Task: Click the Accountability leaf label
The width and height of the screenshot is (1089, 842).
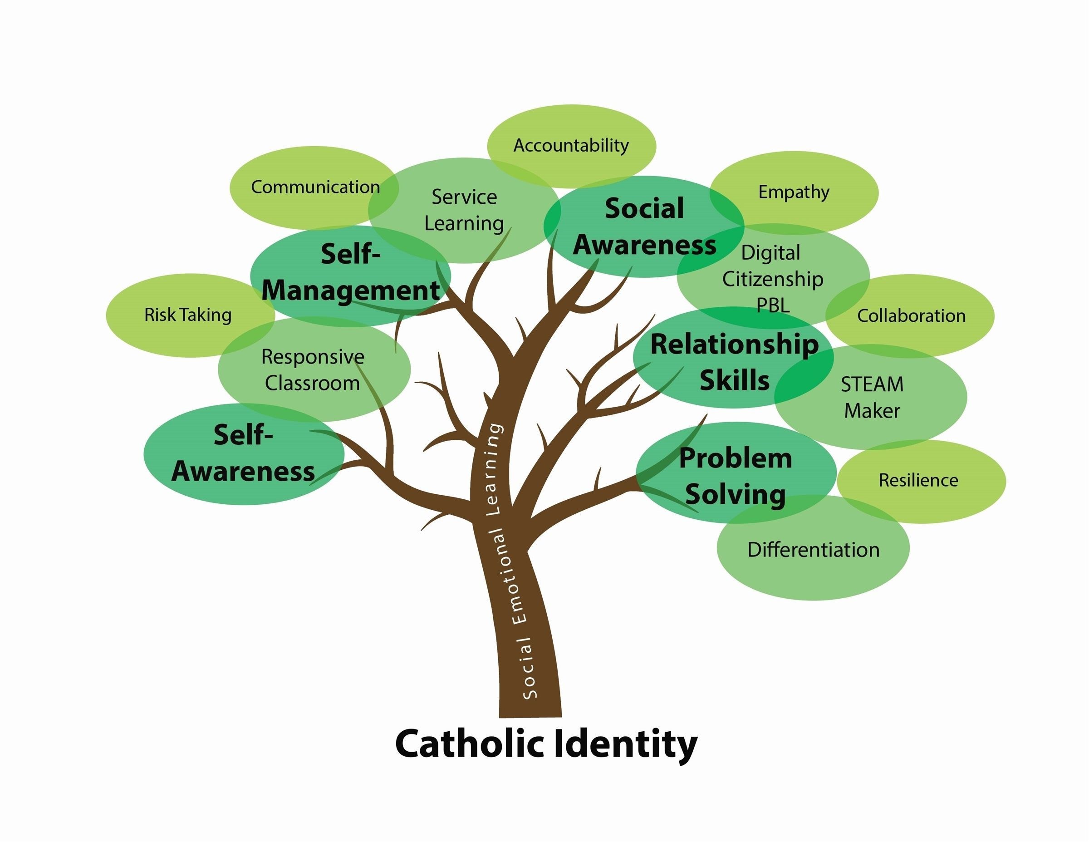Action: click(571, 146)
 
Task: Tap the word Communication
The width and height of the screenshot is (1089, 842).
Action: click(315, 187)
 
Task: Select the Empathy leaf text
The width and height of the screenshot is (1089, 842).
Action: click(794, 192)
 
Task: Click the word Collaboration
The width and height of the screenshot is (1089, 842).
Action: click(911, 316)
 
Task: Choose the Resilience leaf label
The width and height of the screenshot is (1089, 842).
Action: click(918, 480)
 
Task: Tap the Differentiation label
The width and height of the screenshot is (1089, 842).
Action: click(813, 550)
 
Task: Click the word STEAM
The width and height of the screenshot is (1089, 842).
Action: click(872, 384)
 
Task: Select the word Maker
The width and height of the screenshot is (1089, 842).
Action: click(872, 411)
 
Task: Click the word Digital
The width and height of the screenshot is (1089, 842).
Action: click(770, 253)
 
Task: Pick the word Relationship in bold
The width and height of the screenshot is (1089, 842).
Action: click(735, 345)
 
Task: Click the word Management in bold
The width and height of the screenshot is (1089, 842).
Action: click(351, 291)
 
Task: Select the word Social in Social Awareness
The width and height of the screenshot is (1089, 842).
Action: click(644, 208)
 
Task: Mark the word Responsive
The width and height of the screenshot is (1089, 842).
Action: click(313, 357)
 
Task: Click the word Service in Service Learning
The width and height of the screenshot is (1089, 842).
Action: click(464, 197)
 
